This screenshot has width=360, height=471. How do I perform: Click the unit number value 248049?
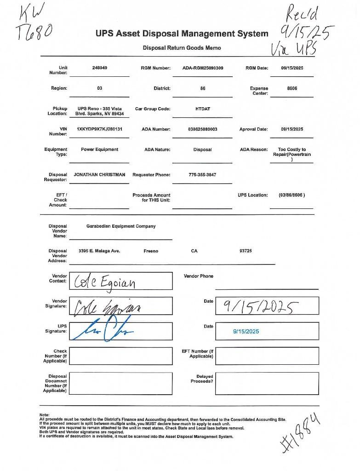(x=99, y=68)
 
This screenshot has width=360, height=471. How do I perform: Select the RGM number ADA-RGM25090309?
(x=203, y=68)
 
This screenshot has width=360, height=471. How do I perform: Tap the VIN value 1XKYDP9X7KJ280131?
(x=99, y=129)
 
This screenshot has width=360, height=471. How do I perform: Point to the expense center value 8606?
(x=291, y=88)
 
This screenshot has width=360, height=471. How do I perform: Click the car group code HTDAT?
(x=203, y=109)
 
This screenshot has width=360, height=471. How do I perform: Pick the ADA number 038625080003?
(x=203, y=129)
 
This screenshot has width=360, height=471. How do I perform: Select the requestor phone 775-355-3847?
(x=202, y=175)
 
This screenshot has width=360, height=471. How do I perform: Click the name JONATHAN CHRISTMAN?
(x=99, y=175)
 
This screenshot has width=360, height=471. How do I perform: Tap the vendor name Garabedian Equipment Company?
(x=121, y=226)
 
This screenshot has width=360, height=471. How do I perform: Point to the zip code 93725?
(x=246, y=251)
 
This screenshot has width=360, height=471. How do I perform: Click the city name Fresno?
(x=150, y=251)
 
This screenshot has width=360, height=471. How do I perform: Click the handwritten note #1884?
(x=300, y=433)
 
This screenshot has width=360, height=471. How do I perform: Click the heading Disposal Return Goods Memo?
(x=182, y=48)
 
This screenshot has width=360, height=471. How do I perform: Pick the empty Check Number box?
(x=120, y=356)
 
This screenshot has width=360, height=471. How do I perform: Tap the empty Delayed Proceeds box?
(x=267, y=383)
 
